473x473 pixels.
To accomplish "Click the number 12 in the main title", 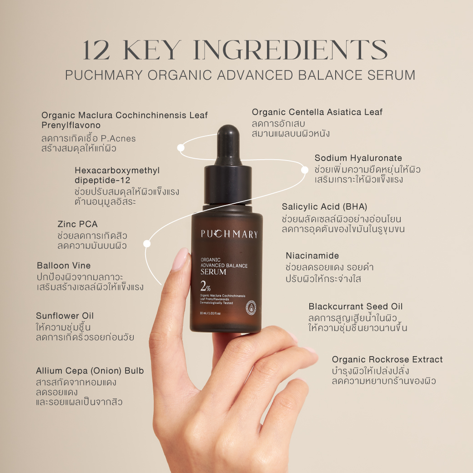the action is pyautogui.click(x=96, y=50).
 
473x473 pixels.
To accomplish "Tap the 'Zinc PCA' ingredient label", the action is pyautogui.click(x=77, y=224).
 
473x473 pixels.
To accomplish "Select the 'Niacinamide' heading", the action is pyautogui.click(x=312, y=256).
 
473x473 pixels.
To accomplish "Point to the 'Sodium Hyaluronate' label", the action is pyautogui.click(x=358, y=158).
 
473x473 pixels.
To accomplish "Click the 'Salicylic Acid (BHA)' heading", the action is pyautogui.click(x=325, y=206).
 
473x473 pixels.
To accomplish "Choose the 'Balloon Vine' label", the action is pyautogui.click(x=64, y=266).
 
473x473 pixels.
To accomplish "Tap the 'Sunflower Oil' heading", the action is pyautogui.click(x=65, y=316).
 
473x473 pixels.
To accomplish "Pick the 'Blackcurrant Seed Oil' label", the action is pyautogui.click(x=356, y=307).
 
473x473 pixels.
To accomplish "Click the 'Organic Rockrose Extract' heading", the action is pyautogui.click(x=387, y=360).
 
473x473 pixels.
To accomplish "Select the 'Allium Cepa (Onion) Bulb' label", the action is pyautogui.click(x=90, y=371).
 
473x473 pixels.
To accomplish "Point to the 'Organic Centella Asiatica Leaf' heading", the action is pyautogui.click(x=317, y=112).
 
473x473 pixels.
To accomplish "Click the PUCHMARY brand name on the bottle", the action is pyautogui.click(x=229, y=234).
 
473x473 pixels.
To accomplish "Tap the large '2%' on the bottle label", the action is pyautogui.click(x=206, y=286).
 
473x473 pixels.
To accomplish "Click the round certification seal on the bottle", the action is pyautogui.click(x=251, y=308).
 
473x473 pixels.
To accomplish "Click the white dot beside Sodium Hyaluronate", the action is pyautogui.click(x=305, y=170).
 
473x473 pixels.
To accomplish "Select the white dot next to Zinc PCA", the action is pyautogui.click(x=147, y=243).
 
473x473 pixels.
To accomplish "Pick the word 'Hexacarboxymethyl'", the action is pyautogui.click(x=117, y=171).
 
